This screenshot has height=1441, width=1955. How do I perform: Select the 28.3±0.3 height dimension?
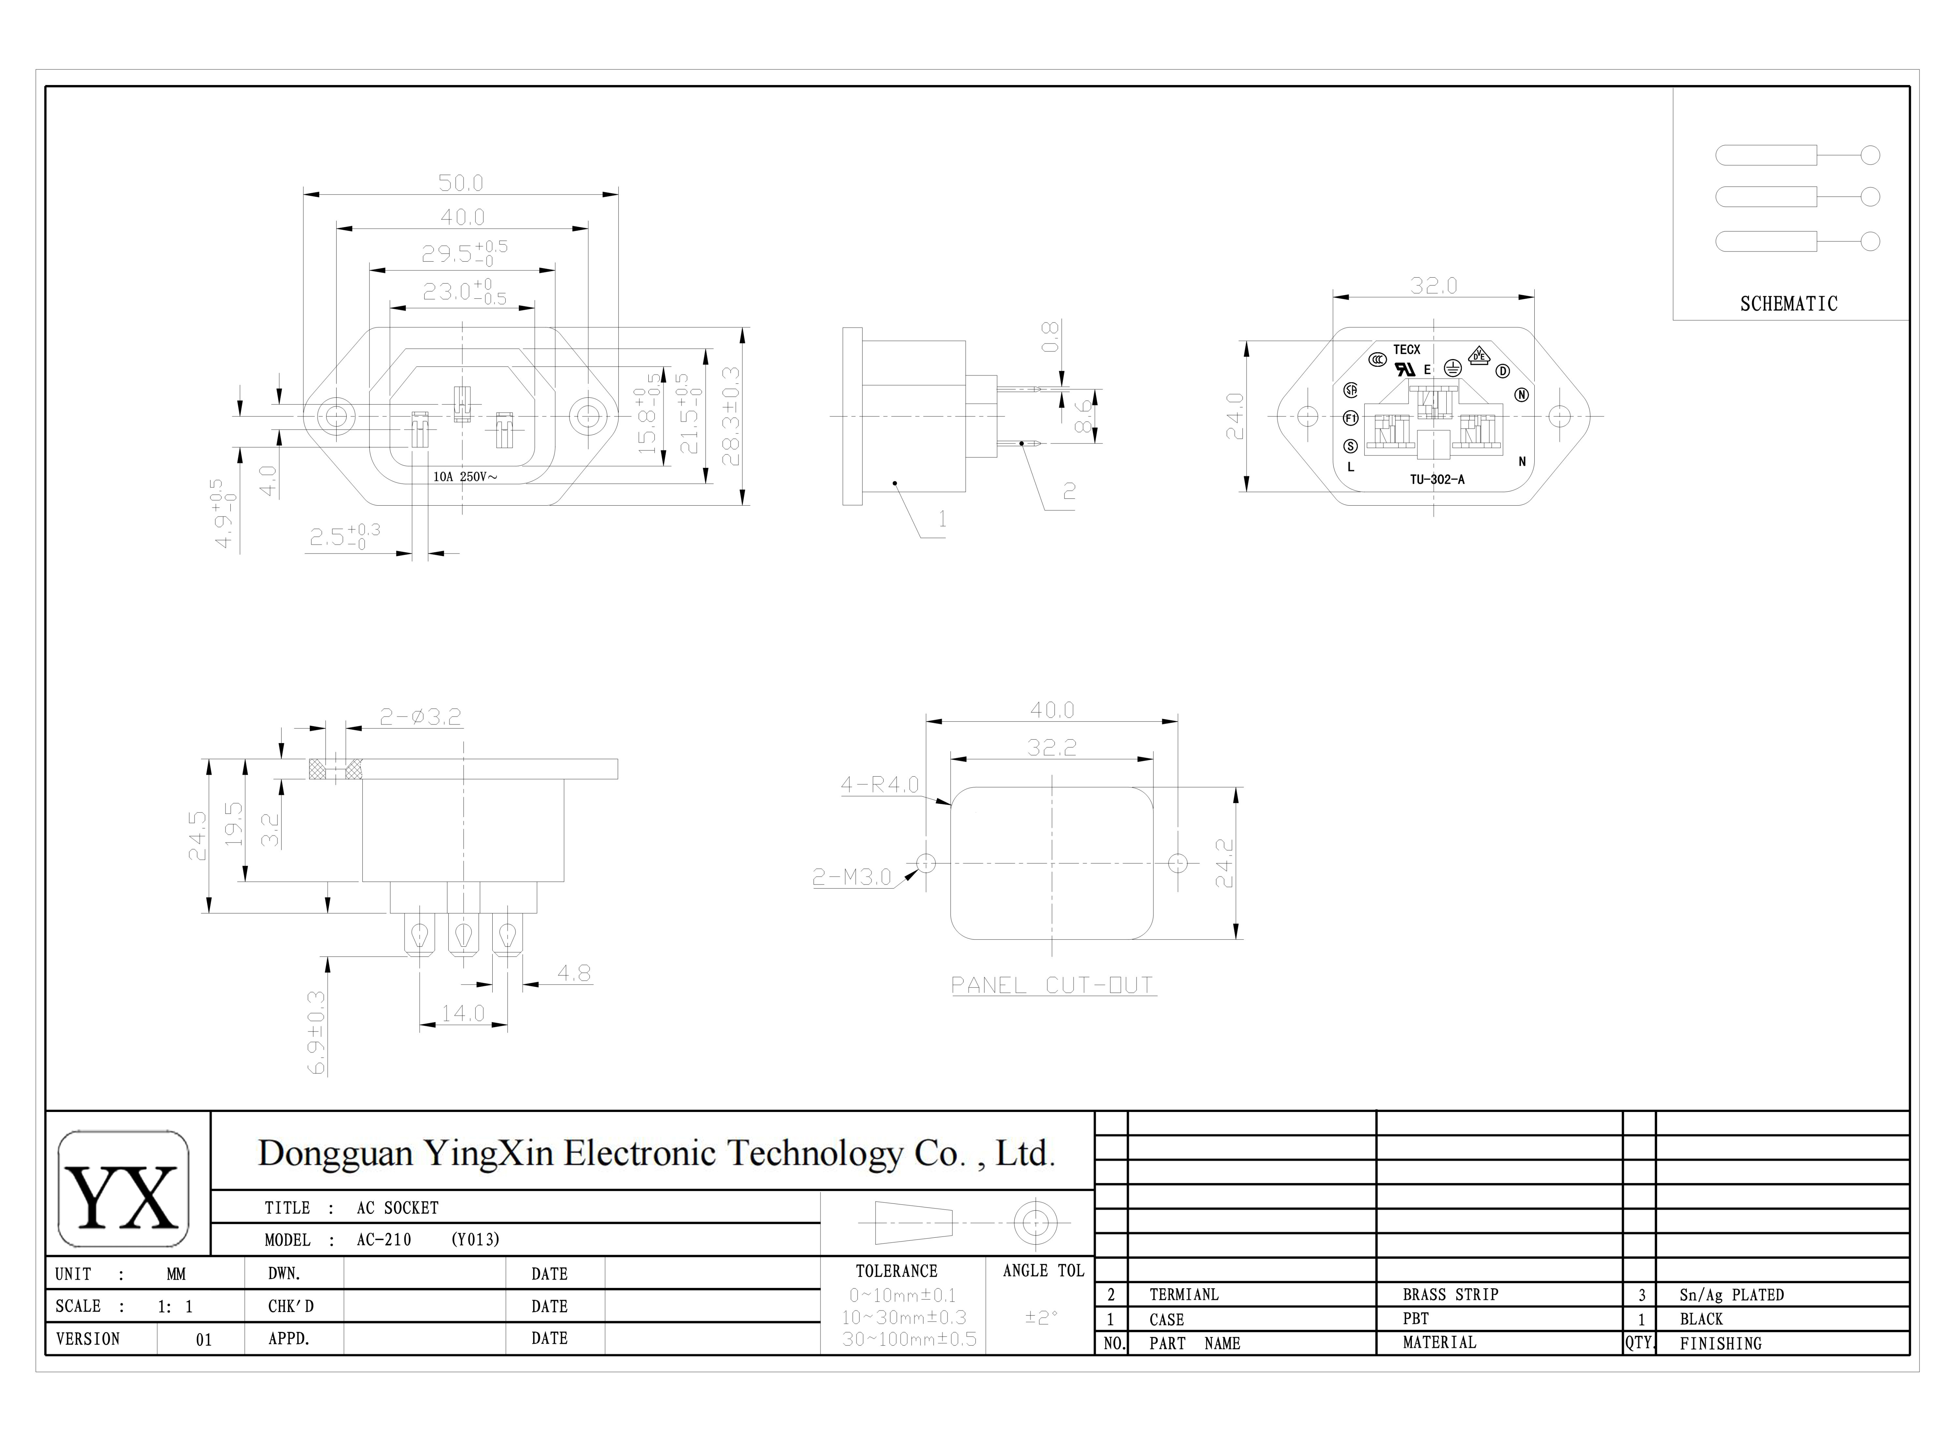click(731, 416)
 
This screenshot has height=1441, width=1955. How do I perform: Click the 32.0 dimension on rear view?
click(1433, 285)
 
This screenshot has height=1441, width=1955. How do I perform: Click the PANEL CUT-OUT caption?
click(1052, 986)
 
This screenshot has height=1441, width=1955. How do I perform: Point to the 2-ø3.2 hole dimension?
click(420, 717)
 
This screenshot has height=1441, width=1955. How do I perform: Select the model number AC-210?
click(384, 1240)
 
